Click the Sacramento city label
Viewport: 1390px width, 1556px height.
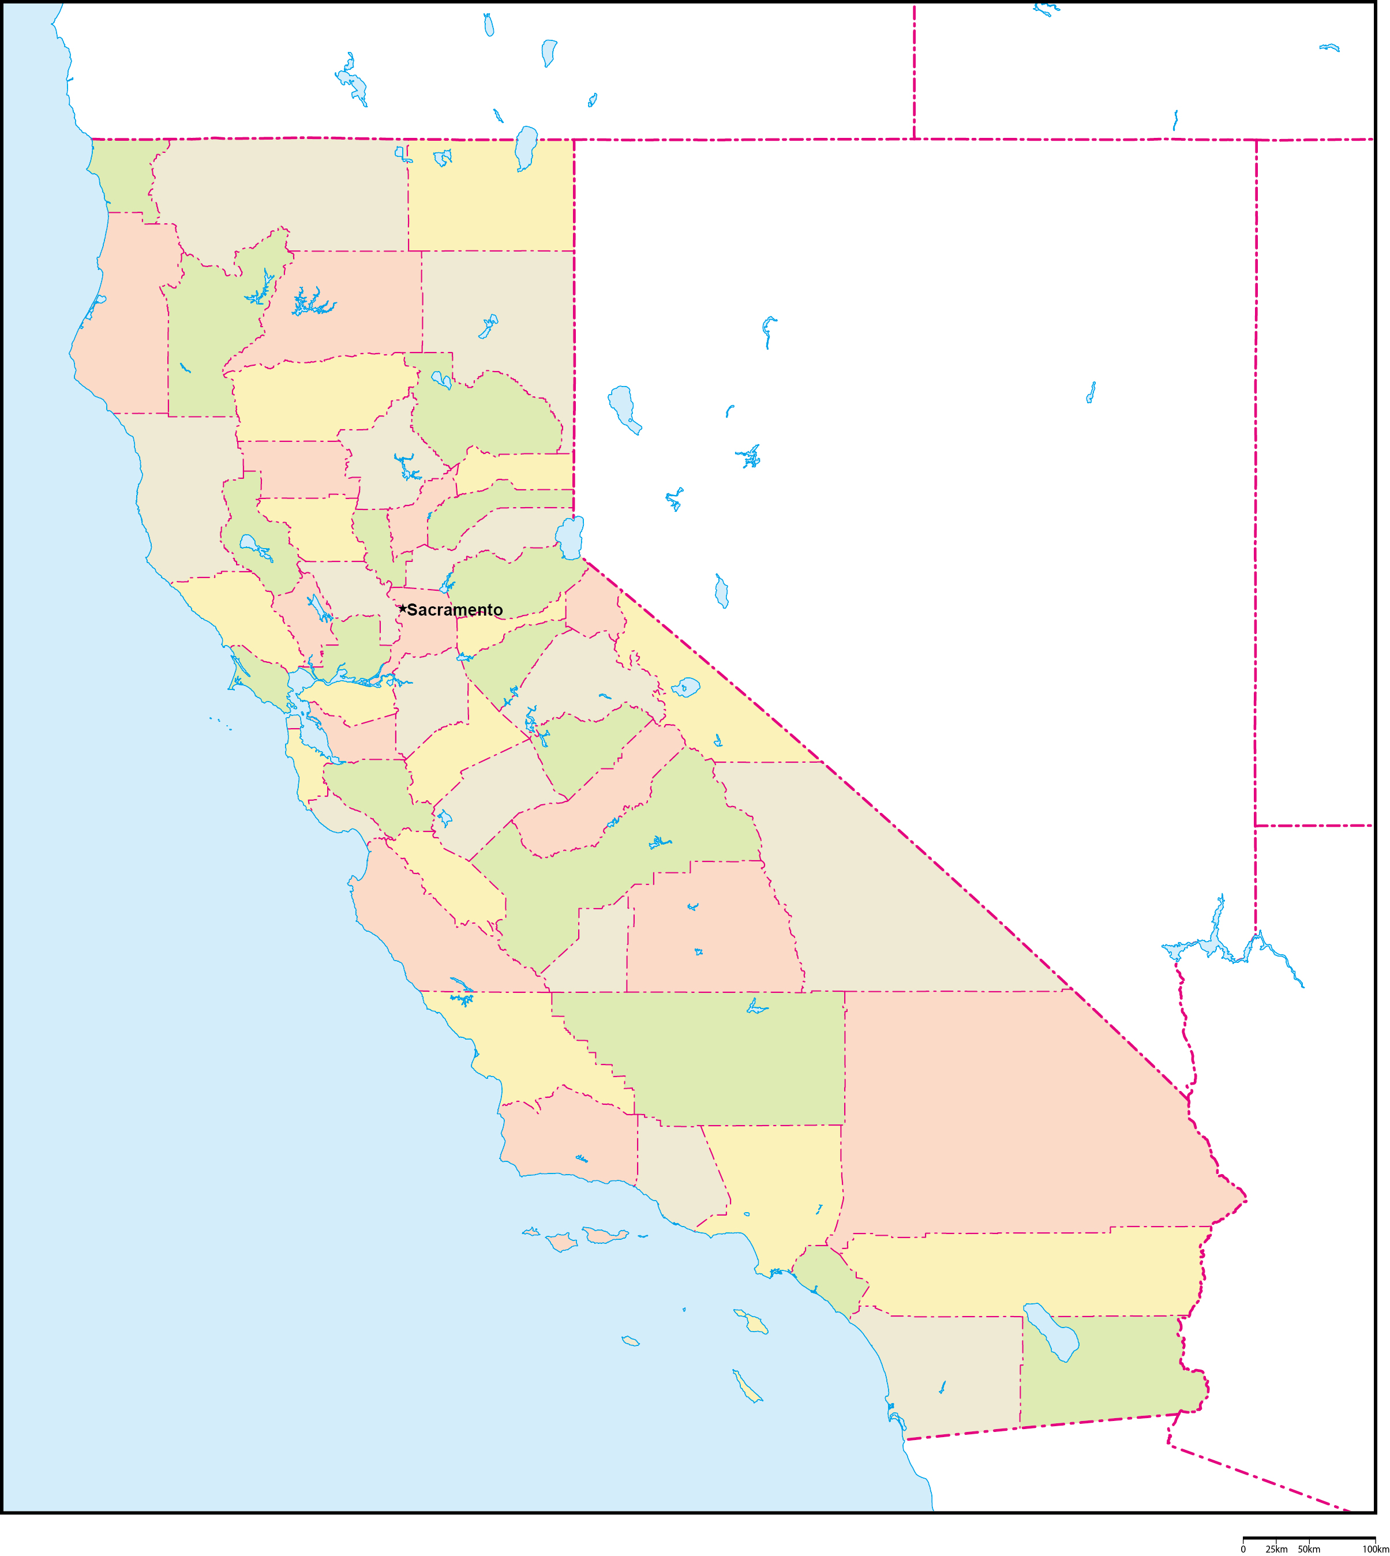click(x=455, y=609)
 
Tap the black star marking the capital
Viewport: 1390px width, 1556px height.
click(x=403, y=609)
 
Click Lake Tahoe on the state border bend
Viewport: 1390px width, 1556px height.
click(x=571, y=537)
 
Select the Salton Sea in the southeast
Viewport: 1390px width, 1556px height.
click(x=1052, y=1332)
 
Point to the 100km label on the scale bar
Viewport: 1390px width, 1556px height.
click(x=1376, y=1549)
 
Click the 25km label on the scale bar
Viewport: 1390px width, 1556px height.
click(x=1276, y=1549)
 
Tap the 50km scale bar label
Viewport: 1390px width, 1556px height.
click(x=1309, y=1549)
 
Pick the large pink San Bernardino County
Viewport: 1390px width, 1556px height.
click(x=1016, y=1107)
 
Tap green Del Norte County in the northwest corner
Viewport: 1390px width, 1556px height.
click(x=122, y=172)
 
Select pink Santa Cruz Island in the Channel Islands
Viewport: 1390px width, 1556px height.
click(x=604, y=1235)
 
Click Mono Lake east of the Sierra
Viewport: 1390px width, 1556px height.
click(x=685, y=687)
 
